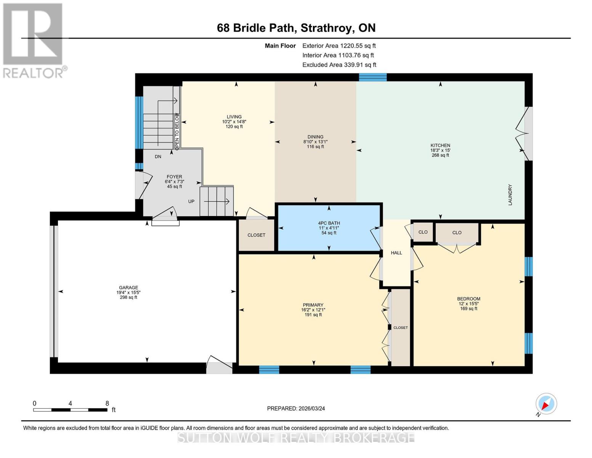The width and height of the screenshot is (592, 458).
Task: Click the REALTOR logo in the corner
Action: pos(34,40)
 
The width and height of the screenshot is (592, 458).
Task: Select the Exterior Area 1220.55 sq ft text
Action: pos(339,46)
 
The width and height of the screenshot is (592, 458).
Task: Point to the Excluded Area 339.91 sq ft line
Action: pos(339,65)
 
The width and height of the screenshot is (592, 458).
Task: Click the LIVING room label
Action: pos(234,117)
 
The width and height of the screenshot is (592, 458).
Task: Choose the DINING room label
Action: pos(315,137)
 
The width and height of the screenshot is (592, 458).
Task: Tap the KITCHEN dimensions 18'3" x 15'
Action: pos(440,150)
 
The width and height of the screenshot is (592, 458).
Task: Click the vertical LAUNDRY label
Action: pos(510,195)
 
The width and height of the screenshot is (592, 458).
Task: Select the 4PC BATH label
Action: pos(329,223)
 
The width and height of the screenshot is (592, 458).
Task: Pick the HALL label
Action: pos(396,253)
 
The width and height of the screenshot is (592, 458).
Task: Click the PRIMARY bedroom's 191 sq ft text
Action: pos(313,315)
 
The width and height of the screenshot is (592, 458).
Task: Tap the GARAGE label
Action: pos(128,288)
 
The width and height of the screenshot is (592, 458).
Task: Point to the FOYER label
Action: pos(174,177)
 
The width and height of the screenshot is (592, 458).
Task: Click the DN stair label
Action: pos(158,156)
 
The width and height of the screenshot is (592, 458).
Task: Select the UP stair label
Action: pos(191,201)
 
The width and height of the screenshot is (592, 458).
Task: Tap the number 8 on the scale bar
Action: pos(107,403)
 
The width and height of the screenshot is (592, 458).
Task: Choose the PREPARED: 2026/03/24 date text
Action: pos(296,408)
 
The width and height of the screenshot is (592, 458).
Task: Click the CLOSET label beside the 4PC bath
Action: pos(256,235)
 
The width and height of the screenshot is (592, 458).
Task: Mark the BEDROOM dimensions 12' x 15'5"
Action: pos(468,304)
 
